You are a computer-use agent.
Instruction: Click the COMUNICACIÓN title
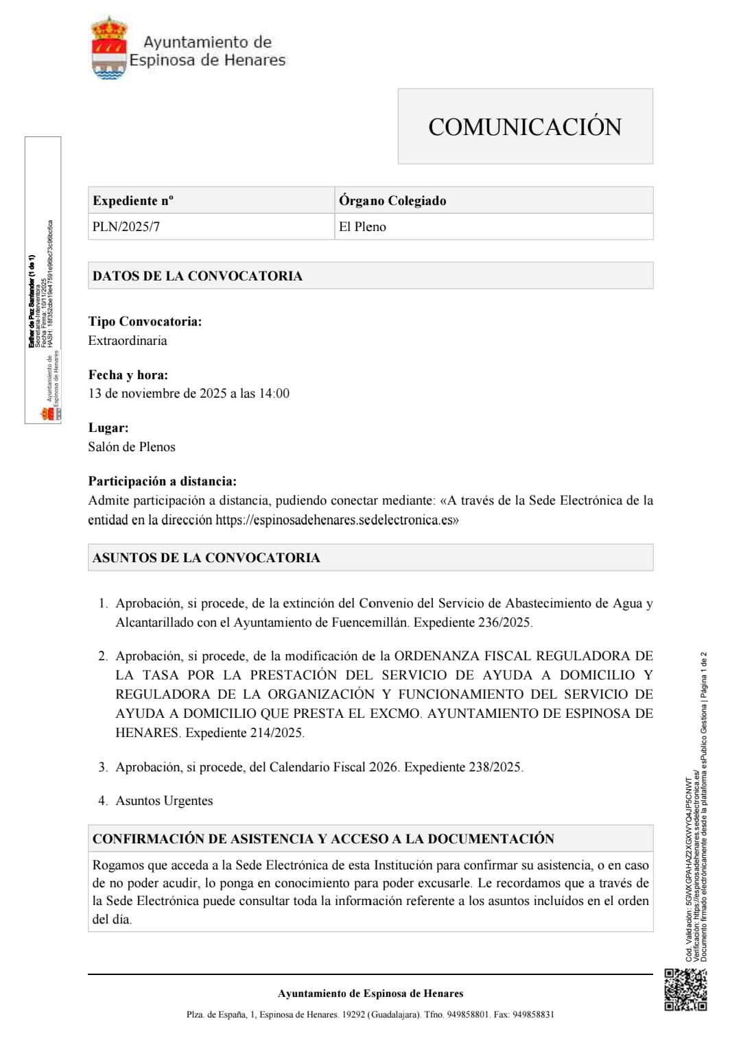(525, 127)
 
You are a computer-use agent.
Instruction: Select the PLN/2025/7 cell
(126, 227)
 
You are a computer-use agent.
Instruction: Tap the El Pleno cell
(362, 227)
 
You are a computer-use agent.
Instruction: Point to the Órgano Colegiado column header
(392, 201)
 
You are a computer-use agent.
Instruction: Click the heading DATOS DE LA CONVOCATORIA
(198, 276)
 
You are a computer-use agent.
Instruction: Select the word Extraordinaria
(128, 341)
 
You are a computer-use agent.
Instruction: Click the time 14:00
(274, 394)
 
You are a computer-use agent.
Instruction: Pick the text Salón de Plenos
(132, 447)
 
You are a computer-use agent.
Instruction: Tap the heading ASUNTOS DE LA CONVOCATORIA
(207, 557)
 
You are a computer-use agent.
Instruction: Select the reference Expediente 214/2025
(244, 733)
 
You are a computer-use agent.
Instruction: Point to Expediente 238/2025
(463, 767)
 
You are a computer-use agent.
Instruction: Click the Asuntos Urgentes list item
(164, 801)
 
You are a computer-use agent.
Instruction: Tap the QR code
(685, 989)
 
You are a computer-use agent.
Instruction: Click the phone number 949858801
(467, 1015)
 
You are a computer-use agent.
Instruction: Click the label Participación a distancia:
(162, 481)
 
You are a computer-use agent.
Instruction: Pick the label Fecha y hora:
(128, 375)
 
